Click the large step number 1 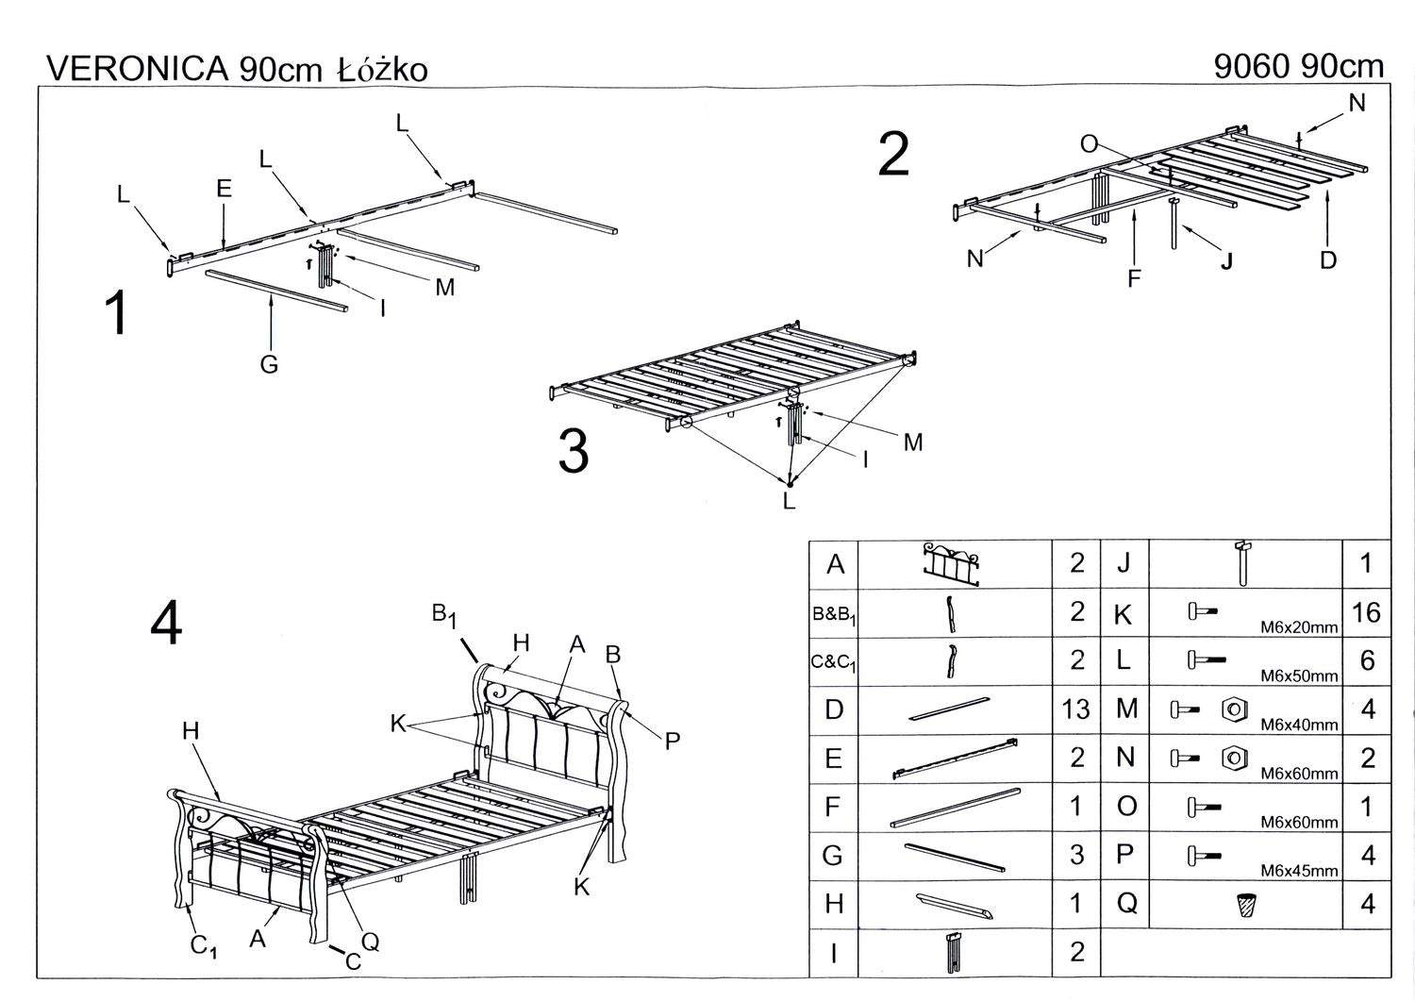[x=116, y=313]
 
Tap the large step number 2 [x=892, y=155]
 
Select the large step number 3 [x=574, y=451]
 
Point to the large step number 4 [x=166, y=624]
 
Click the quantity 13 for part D [x=1076, y=709]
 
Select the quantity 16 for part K [x=1365, y=612]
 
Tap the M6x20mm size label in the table [x=1299, y=627]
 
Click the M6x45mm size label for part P [x=1299, y=871]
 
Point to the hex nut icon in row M [x=1231, y=709]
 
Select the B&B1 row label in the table [x=834, y=614]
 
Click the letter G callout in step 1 [x=269, y=364]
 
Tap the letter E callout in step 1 [x=224, y=189]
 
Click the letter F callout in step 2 [x=1135, y=277]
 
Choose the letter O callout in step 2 [x=1089, y=143]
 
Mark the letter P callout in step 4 [x=673, y=742]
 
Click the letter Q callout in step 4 [x=371, y=941]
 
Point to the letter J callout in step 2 [x=1226, y=261]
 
